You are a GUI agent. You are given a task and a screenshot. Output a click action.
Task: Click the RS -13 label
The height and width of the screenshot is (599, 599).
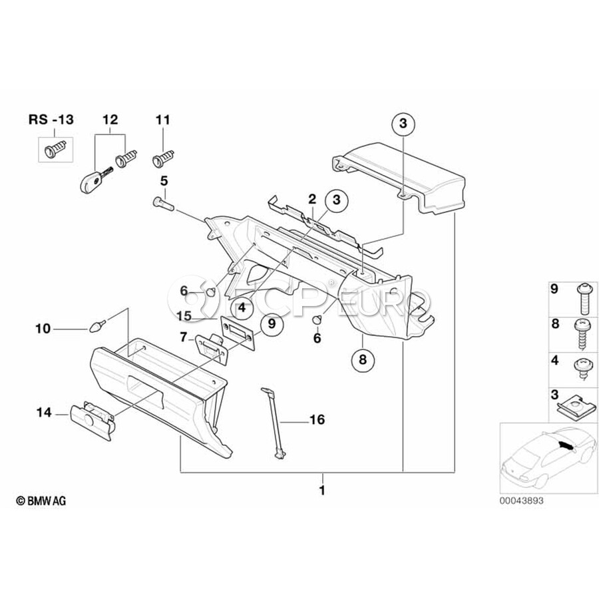(51, 120)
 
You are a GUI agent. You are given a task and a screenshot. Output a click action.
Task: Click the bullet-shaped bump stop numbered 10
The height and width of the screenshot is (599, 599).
(97, 327)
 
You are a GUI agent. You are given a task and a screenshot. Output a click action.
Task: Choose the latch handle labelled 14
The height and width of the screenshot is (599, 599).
(92, 420)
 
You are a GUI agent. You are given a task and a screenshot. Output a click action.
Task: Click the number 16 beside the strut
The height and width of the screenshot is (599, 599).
(317, 419)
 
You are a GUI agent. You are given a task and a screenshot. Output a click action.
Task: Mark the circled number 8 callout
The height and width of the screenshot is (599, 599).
(363, 359)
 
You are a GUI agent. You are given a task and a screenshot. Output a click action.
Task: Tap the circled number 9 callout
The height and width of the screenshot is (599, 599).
(272, 324)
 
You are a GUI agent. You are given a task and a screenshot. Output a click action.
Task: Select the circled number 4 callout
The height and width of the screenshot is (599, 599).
(242, 307)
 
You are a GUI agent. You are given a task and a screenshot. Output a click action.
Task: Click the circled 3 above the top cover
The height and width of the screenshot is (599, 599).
(403, 123)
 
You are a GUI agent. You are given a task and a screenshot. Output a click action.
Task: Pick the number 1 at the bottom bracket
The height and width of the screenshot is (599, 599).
(322, 490)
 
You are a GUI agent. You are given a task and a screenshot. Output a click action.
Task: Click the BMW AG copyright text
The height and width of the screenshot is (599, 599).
(41, 500)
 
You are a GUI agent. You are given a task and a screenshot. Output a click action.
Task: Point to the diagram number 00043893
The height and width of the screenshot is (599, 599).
(521, 500)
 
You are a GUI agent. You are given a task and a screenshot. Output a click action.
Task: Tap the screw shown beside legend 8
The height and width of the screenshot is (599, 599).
(582, 335)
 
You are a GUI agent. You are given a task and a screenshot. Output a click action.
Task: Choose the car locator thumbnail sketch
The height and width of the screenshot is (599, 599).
(548, 458)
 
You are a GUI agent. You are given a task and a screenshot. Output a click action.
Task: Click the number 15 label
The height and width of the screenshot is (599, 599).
(184, 316)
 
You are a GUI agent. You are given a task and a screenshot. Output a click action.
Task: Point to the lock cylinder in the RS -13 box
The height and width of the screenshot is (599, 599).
(56, 148)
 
